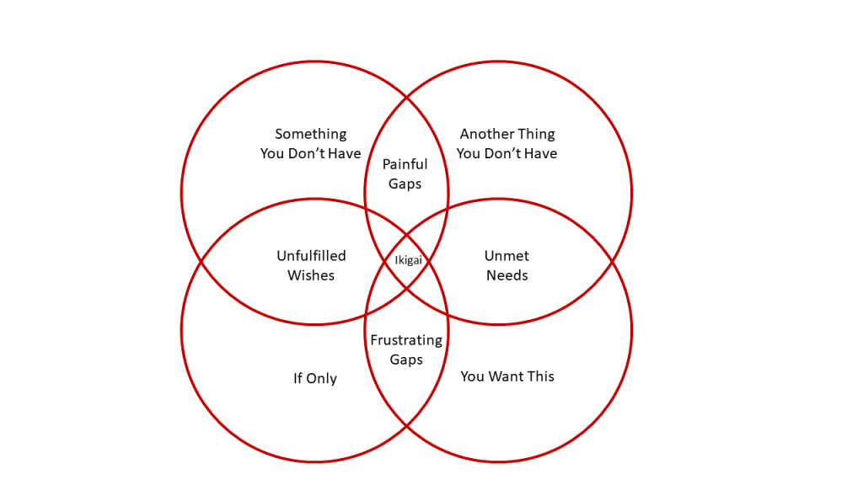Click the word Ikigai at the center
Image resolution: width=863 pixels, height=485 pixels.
[409, 261]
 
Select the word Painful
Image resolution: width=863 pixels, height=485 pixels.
[405, 164]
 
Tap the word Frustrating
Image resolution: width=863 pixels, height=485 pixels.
[406, 340]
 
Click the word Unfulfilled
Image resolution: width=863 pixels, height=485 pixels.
[311, 256]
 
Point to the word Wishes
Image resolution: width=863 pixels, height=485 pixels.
[311, 275]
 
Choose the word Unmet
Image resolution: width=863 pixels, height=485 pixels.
[507, 256]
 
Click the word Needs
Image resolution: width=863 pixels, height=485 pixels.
[507, 275]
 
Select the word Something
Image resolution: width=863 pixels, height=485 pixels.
[311, 134]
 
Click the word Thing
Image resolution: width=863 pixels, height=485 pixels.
[536, 134]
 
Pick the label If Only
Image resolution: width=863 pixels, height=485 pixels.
[315, 379]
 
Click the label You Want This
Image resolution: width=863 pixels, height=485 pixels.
[507, 376]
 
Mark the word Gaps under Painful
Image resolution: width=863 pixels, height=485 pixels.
[405, 184]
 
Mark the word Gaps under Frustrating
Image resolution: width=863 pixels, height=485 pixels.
[406, 360]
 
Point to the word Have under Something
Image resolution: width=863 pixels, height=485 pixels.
[344, 153]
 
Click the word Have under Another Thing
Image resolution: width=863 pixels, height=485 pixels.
[540, 153]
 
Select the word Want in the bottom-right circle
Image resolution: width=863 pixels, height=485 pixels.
[508, 376]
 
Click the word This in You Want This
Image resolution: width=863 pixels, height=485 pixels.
[541, 376]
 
